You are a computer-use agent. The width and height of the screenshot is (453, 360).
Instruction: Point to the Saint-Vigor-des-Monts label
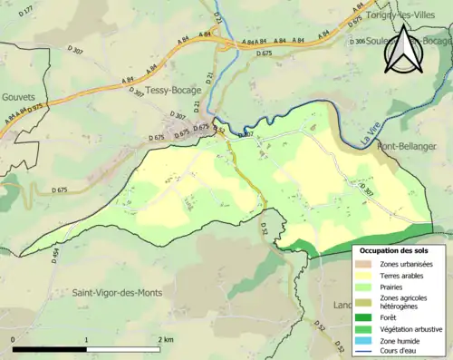click(118, 293)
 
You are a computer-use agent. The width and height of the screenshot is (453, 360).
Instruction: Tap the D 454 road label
click(54, 255)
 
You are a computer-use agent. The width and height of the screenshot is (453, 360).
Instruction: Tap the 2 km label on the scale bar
click(165, 339)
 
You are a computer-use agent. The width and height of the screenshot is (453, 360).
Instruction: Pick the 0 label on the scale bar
click(14, 339)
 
